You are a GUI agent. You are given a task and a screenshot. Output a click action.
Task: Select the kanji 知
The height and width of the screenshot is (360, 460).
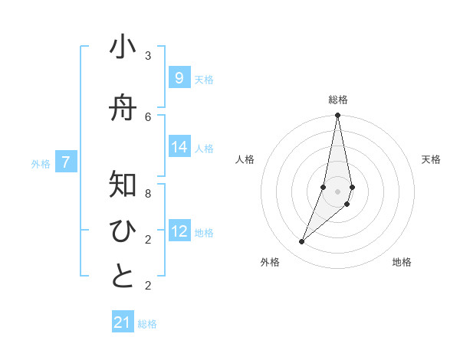point(123,185)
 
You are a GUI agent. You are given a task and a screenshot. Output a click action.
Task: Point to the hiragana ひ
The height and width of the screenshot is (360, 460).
point(123,231)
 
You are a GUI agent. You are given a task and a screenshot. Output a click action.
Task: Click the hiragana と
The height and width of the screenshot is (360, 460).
point(123,277)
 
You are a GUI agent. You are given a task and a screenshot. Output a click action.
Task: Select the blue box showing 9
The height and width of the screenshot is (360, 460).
point(179,77)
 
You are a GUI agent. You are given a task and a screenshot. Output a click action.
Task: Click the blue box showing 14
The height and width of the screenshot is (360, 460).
point(179,147)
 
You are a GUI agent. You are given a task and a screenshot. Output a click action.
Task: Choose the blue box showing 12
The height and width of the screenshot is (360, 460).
point(179,231)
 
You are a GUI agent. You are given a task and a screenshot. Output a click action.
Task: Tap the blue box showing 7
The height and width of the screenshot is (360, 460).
point(67,162)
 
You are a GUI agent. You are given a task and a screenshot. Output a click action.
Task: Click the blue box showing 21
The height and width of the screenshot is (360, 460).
point(123,322)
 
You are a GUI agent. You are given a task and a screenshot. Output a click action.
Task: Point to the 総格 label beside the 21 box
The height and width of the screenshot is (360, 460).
point(147,324)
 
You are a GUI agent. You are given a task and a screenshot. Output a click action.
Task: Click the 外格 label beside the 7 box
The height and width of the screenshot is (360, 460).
point(41,163)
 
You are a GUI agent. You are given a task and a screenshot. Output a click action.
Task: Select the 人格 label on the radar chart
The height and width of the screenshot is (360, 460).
point(245,159)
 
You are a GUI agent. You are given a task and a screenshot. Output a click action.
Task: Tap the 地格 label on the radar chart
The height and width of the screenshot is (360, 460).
point(402,262)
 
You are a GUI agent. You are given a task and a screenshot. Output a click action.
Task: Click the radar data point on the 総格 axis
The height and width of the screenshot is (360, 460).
point(337,116)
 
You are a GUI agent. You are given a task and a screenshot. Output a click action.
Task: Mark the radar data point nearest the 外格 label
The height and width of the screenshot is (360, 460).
point(301,242)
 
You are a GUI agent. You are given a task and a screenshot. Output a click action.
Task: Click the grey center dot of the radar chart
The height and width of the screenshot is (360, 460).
point(337,190)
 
